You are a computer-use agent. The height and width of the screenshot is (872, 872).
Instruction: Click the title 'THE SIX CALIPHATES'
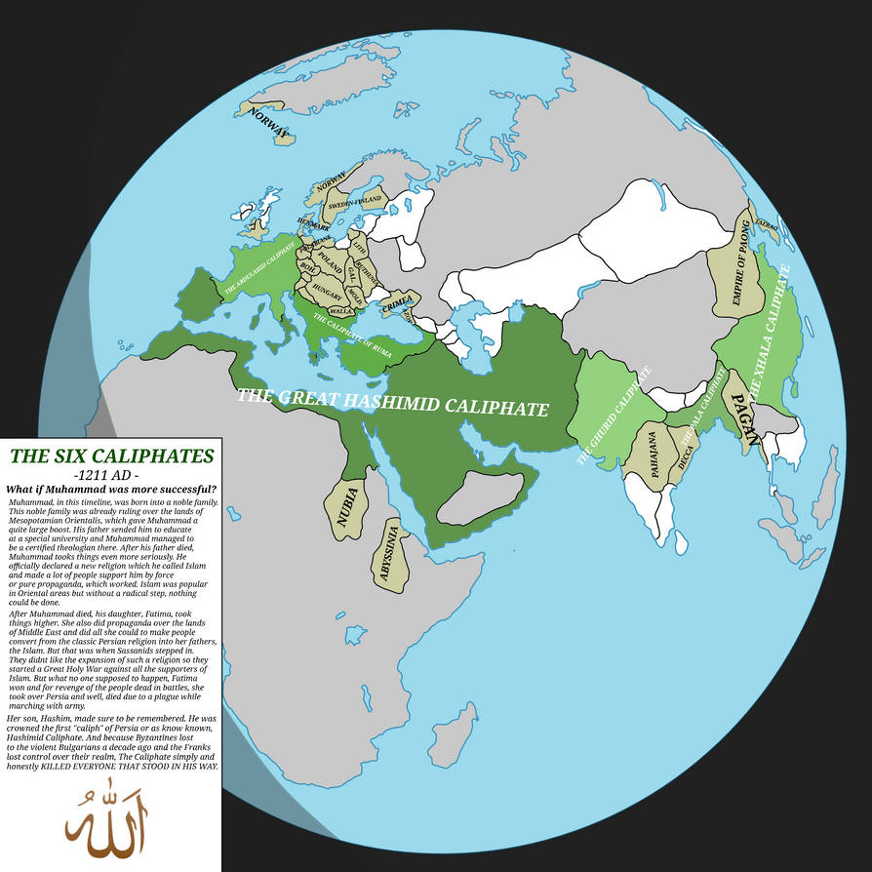click(111, 456)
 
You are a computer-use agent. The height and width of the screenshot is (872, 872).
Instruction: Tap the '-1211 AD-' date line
click(110, 474)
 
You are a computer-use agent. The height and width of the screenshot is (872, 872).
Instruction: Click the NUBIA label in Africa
click(347, 507)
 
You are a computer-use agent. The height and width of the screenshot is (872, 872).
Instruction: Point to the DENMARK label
click(313, 224)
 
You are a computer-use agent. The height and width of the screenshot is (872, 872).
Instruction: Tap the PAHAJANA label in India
click(652, 451)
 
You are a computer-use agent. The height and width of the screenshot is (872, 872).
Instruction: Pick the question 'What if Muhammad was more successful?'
click(111, 489)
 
